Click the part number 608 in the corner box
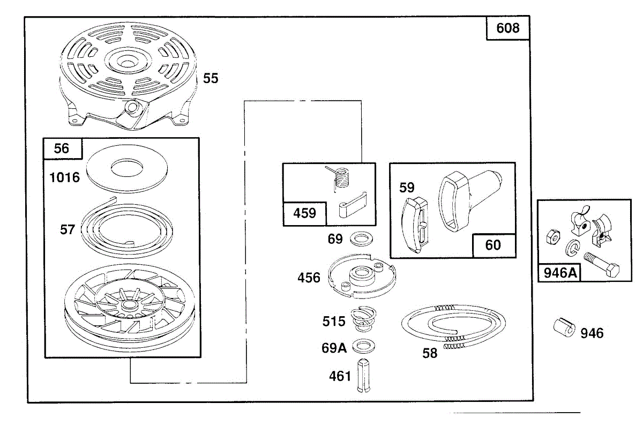[x=508, y=28]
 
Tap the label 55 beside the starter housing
[x=211, y=78]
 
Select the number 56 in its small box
[x=62, y=148]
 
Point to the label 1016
[x=65, y=177]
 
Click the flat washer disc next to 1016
[x=127, y=168]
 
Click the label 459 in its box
[x=304, y=213]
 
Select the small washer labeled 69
[x=361, y=239]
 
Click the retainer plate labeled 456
[x=362, y=276]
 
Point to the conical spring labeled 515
[x=363, y=319]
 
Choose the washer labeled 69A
[x=363, y=347]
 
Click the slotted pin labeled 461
[x=364, y=376]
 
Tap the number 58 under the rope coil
[x=430, y=353]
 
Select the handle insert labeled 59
[x=415, y=225]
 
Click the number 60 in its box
[x=493, y=245]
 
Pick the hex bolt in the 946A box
[x=601, y=264]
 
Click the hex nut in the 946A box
[x=553, y=237]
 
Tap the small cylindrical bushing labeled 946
[x=564, y=327]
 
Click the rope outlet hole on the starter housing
[x=132, y=107]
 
